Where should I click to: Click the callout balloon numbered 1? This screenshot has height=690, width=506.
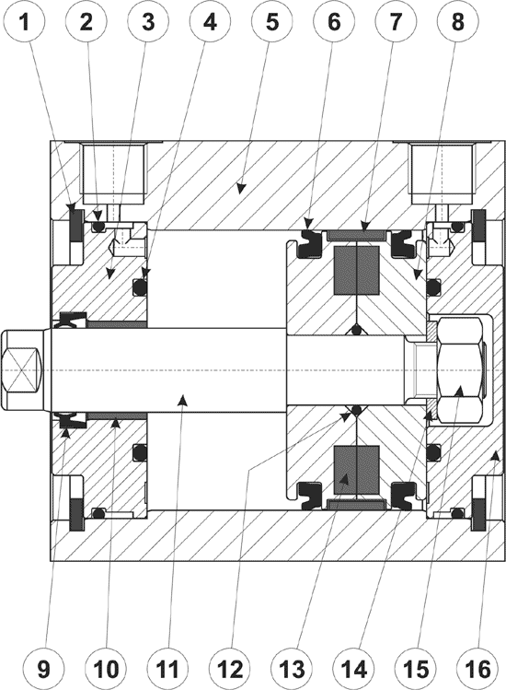click(x=25, y=22)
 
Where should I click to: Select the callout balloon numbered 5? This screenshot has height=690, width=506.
click(x=272, y=22)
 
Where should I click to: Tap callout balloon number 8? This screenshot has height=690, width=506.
click(x=457, y=22)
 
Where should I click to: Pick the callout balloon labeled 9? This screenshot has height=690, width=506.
click(x=43, y=670)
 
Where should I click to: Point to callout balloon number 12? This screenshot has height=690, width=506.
click(x=230, y=670)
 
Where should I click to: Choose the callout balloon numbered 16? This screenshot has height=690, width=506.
click(x=477, y=670)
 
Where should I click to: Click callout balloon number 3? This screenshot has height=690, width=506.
click(x=149, y=22)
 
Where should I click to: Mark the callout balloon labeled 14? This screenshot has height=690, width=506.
click(x=354, y=670)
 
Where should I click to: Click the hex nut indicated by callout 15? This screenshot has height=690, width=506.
click(x=459, y=370)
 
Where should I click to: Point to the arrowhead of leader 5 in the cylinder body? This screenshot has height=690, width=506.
click(x=239, y=188)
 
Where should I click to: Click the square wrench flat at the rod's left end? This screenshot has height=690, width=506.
click(x=20, y=370)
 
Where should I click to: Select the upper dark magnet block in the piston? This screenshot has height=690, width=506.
click(x=357, y=270)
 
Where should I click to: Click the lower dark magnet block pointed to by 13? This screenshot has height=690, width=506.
click(x=357, y=470)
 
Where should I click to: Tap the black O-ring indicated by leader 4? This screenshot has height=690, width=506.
click(x=140, y=287)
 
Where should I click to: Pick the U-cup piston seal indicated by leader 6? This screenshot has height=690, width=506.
click(x=309, y=244)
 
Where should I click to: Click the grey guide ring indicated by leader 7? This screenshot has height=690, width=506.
click(x=357, y=236)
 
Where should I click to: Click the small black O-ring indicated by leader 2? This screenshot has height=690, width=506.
click(x=99, y=227)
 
